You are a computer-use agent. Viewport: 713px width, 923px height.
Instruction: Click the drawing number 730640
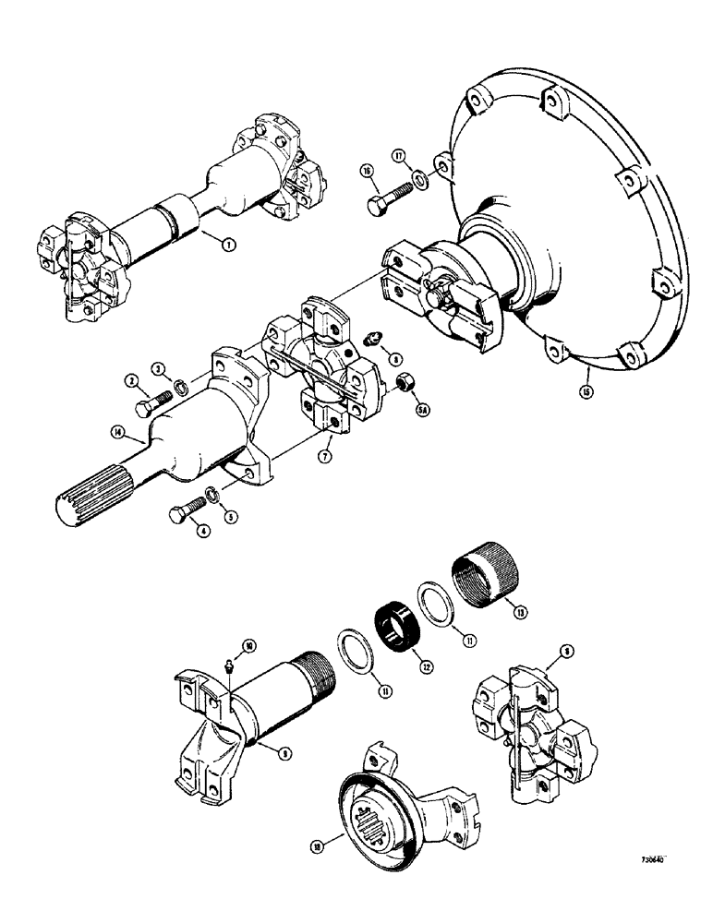pyautogui.click(x=652, y=859)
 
